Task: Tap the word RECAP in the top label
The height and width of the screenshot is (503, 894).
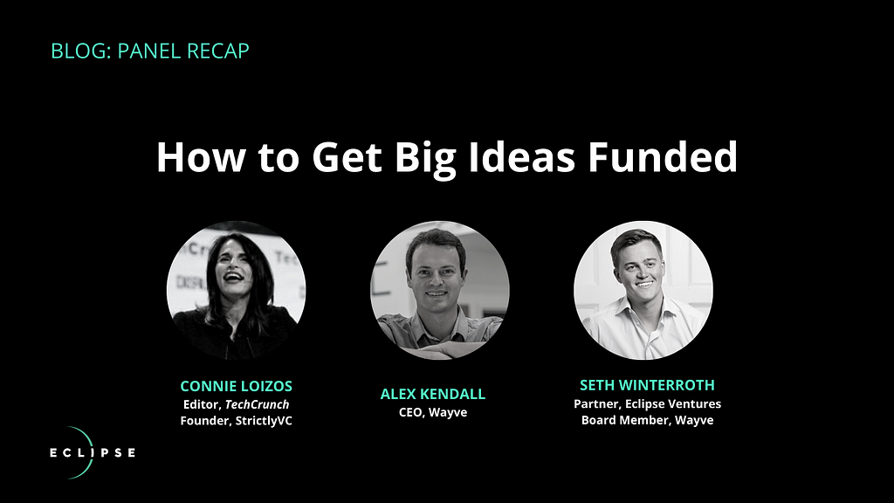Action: click(x=217, y=51)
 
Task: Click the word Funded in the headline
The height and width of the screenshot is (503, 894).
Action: click(x=663, y=157)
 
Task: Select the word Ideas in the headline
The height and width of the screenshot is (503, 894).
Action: click(x=521, y=157)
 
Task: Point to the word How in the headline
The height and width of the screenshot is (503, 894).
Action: click(x=201, y=157)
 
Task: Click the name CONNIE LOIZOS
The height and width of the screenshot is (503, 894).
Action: click(x=236, y=386)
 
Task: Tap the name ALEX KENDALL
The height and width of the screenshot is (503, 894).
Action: click(x=433, y=394)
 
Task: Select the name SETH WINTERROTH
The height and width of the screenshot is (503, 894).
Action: click(x=647, y=385)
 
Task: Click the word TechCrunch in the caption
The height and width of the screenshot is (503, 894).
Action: click(x=258, y=404)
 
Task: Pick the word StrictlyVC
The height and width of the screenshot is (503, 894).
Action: click(x=264, y=421)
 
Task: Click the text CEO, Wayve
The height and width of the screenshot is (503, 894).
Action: click(x=433, y=412)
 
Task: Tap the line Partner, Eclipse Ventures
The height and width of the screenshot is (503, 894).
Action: click(x=647, y=403)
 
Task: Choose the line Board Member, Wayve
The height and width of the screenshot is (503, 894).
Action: click(x=647, y=420)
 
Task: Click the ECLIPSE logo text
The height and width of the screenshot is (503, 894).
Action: click(x=93, y=453)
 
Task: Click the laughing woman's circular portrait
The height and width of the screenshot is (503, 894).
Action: click(x=236, y=290)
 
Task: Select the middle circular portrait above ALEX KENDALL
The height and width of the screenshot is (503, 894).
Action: click(x=440, y=290)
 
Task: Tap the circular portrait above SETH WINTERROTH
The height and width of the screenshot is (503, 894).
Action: click(x=643, y=290)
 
